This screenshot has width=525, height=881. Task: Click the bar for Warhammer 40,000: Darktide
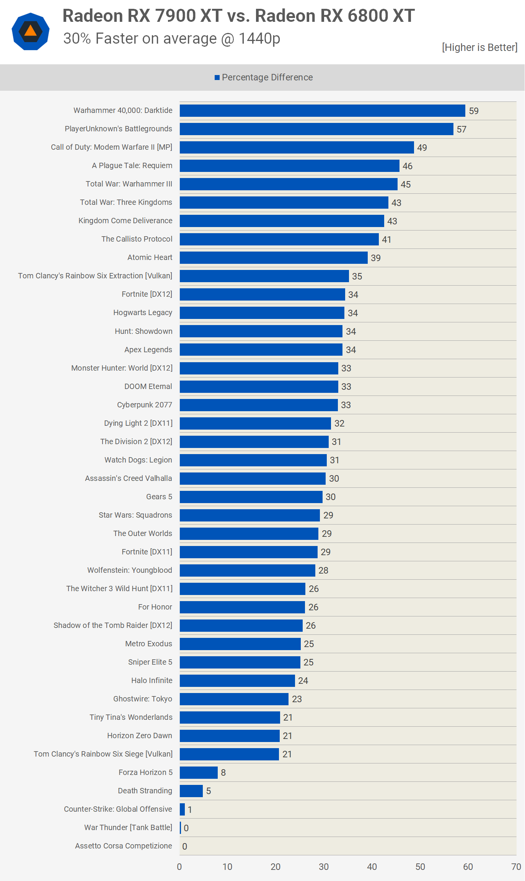pos(323,111)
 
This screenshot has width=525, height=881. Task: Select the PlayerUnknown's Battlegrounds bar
pos(316,129)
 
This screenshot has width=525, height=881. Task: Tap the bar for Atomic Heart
pos(274,258)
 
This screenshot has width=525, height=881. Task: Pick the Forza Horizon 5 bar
pos(199,772)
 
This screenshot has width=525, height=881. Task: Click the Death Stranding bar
pos(191,791)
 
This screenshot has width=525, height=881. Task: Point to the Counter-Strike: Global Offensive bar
pos(182,809)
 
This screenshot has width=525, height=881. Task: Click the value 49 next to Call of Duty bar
pos(422,148)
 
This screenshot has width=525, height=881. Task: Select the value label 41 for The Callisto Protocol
pos(386,240)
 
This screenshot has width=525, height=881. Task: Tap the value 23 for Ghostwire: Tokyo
pos(297,699)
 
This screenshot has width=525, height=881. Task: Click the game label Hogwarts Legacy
pos(143,313)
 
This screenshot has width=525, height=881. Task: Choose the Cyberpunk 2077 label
pos(145,405)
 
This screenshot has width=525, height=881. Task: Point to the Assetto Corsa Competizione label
pos(124,846)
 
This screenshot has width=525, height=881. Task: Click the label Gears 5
pos(159,497)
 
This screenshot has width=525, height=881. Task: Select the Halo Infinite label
pos(152,680)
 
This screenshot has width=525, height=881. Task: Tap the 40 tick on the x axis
pos(372,867)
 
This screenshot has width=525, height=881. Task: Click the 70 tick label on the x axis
pos(516,867)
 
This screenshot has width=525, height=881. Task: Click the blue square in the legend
pos(217,78)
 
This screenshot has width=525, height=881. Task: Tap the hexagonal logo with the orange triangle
pos(31,31)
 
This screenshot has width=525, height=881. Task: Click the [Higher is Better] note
pos(479,47)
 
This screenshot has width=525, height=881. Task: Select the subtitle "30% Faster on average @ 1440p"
pos(172,39)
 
